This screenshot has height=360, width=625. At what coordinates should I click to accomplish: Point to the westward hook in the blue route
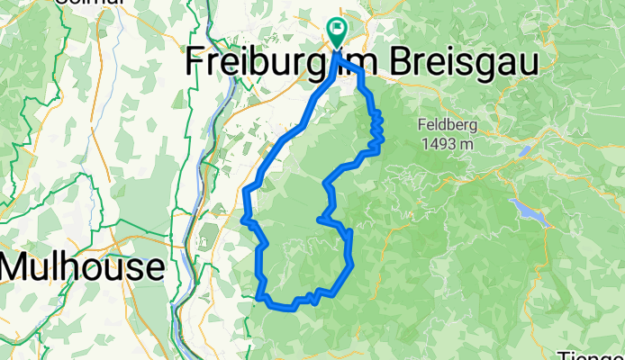322,218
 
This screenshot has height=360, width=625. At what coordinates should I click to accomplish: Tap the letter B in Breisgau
389,61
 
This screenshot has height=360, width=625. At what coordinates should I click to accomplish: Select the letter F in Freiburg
195,61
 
